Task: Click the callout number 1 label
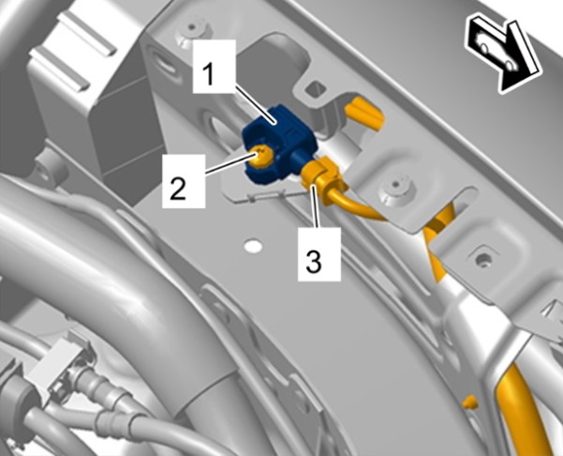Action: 214,67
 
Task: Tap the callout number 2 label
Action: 184,181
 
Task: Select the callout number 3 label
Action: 319,254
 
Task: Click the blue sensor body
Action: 278,144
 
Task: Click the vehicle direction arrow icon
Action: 504,53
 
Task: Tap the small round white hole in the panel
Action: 253,246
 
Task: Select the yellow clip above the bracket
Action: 364,114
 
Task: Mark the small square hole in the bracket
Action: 317,87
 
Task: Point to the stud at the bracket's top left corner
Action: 193,31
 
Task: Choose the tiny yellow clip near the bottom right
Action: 470,403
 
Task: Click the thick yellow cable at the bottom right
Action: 525,414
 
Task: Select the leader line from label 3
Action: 316,205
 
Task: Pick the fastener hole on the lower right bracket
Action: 482,258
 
